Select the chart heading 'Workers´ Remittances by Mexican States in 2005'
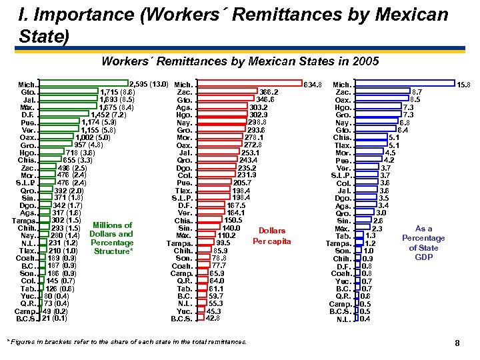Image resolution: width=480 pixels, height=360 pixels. pos(240,61)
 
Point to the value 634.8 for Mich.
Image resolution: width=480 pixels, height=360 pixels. pos(313,85)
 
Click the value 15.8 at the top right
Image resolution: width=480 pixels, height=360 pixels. pos(464,85)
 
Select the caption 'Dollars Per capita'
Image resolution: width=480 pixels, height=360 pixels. pos(272,236)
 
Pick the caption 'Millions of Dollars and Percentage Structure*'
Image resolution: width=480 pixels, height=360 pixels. pos(111,238)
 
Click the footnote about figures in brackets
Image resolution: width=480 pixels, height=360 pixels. pos(127,342)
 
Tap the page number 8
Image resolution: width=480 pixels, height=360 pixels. pos(457,343)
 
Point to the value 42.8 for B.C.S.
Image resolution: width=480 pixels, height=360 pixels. pos(213,318)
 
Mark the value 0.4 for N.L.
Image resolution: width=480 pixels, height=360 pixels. pos(365,318)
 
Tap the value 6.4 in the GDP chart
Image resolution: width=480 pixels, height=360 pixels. pos(403,129)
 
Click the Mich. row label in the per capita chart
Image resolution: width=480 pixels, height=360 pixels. pos(184,85)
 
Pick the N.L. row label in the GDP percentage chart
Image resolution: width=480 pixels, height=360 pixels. pos(344,318)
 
